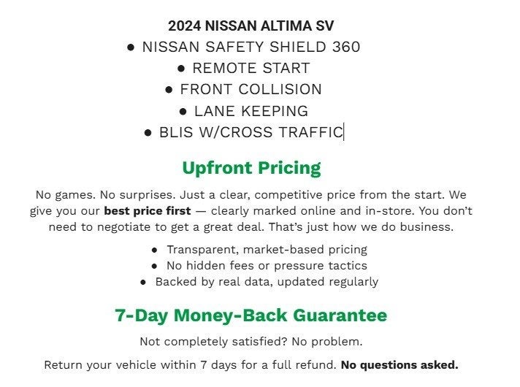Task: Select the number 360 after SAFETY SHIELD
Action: pyautogui.click(x=345, y=47)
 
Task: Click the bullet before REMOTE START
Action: pyautogui.click(x=182, y=68)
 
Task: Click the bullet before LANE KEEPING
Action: pyautogui.click(x=183, y=111)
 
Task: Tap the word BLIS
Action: pyautogui.click(x=176, y=132)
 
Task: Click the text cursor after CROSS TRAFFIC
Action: pyautogui.click(x=344, y=132)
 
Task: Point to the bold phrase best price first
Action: pyautogui.click(x=148, y=211)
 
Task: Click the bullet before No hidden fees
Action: pyautogui.click(x=155, y=266)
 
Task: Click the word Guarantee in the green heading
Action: pyautogui.click(x=340, y=315)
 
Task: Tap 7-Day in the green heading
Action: pyautogui.click(x=139, y=315)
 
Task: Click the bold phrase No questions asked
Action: pyautogui.click(x=399, y=364)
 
